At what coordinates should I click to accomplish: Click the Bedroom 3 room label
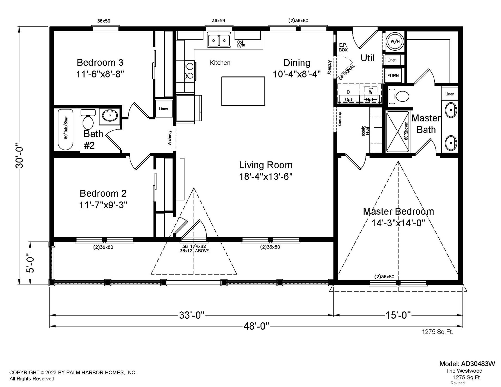tap(100, 63)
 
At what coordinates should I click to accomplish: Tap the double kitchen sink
tap(219, 40)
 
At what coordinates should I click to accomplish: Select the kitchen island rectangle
tap(243, 91)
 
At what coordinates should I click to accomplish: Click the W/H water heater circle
tap(395, 41)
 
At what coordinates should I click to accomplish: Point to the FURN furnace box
tap(393, 76)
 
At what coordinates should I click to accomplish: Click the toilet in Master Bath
tap(398, 96)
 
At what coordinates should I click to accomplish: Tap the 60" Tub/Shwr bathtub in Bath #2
tap(65, 130)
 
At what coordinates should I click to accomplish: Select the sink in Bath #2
tap(110, 115)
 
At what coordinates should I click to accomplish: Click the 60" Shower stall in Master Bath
tap(397, 132)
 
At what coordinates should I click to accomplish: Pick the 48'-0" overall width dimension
tap(256, 326)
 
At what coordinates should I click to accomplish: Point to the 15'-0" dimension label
tap(398, 315)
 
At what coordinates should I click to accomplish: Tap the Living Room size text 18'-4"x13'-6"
tap(266, 177)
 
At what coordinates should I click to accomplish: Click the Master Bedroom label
tap(398, 211)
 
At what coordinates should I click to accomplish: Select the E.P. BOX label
tap(343, 47)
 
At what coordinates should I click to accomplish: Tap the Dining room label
tap(297, 63)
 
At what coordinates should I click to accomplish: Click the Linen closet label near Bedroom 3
tap(164, 108)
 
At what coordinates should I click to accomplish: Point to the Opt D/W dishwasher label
tap(241, 44)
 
